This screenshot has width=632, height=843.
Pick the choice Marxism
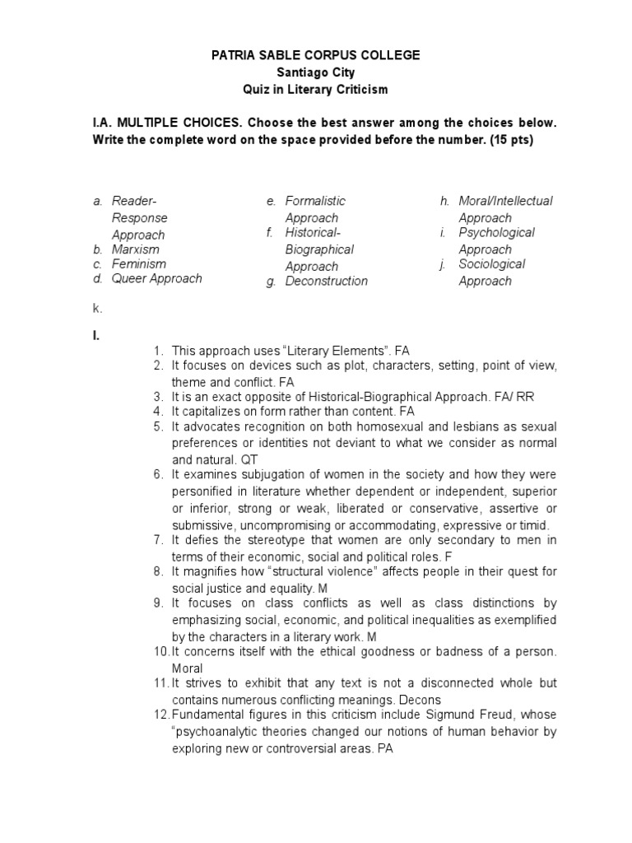coord(136,249)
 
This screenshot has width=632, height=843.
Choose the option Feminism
coord(138,264)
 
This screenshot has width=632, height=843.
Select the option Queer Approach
coord(156,279)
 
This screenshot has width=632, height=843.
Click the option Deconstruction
coord(326,282)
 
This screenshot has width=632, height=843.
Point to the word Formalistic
coord(315,201)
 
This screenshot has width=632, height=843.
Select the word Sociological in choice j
coord(491,264)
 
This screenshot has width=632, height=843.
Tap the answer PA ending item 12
coord(385,750)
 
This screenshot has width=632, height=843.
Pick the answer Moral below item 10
coord(187,668)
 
